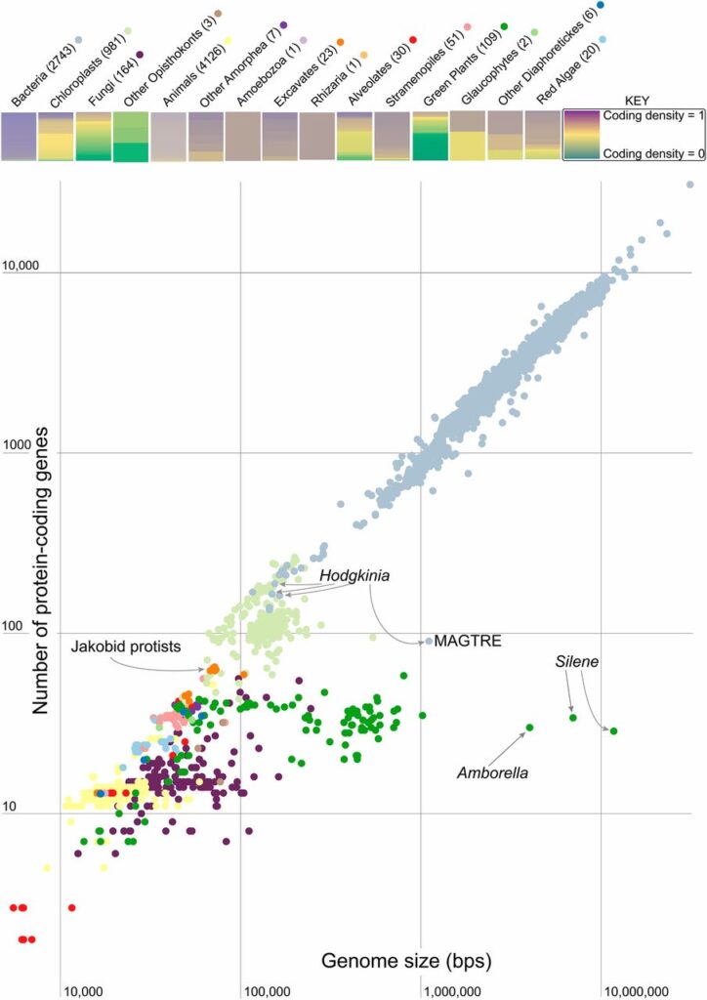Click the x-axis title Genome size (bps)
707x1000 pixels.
406,963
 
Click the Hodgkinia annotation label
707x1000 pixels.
353,577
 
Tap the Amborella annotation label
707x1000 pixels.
493,772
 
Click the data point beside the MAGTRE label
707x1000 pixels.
429,641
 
